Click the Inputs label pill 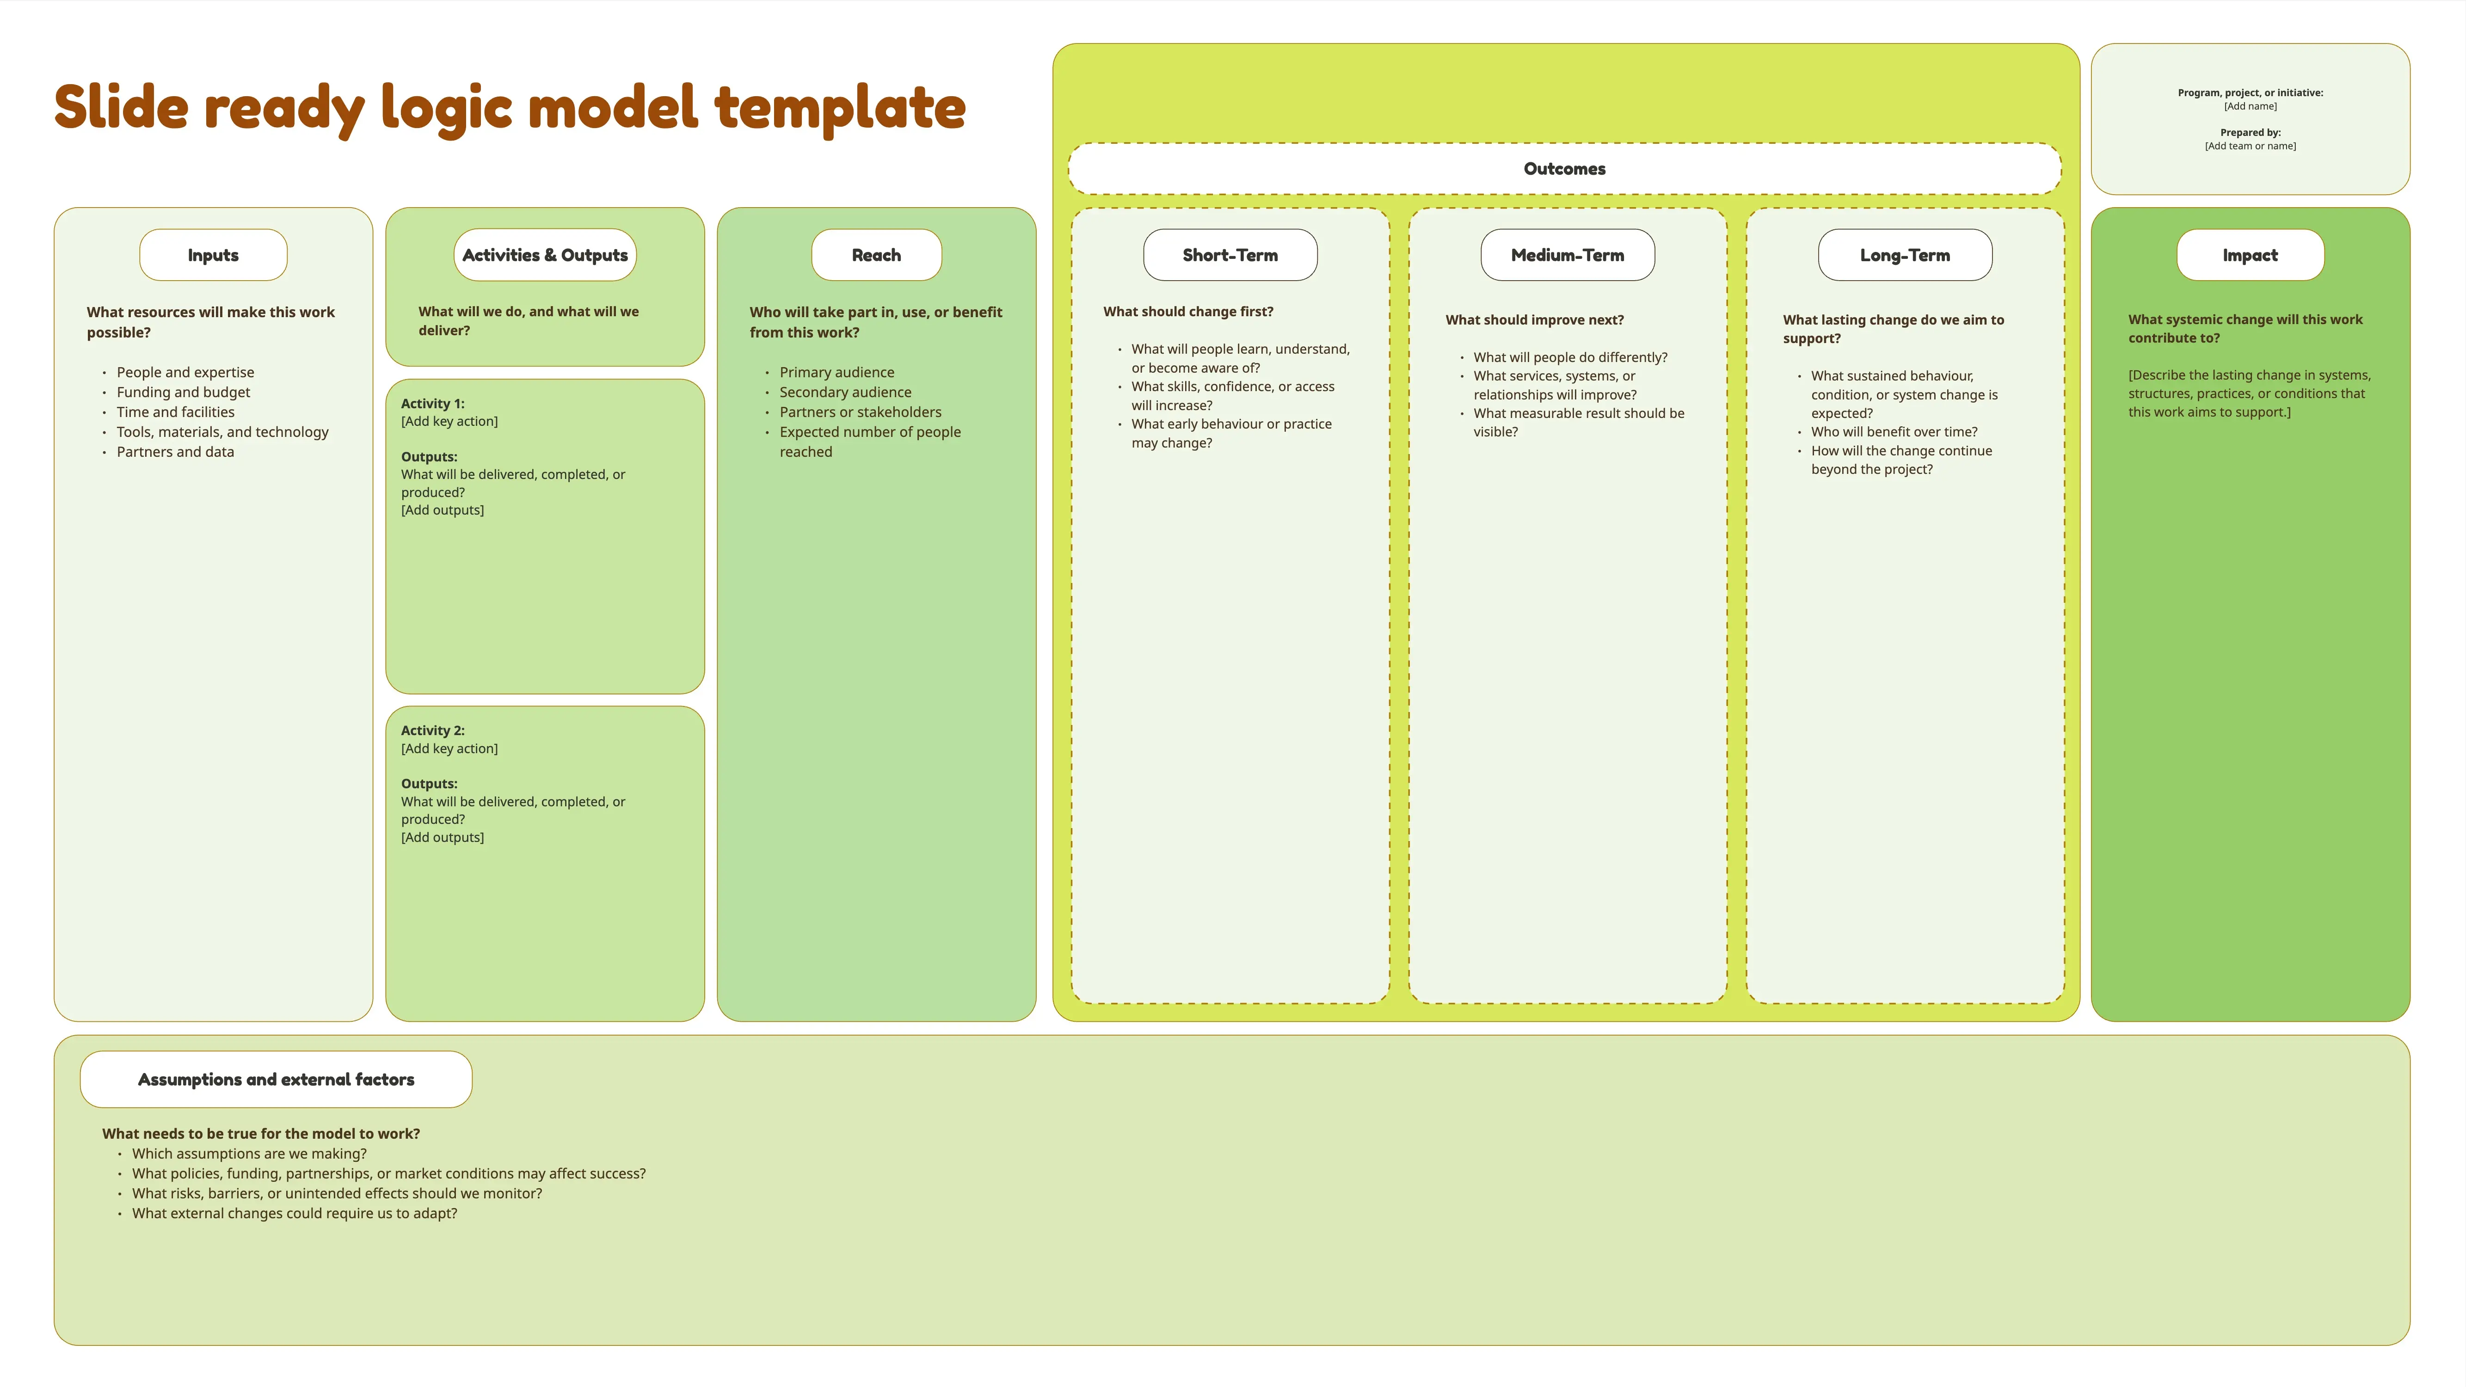(x=214, y=255)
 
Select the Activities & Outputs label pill (x=545, y=255)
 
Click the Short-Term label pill (x=1230, y=255)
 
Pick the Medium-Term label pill (x=1567, y=255)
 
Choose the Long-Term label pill (x=1905, y=255)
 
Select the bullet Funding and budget (x=183, y=393)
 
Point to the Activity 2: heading (x=433, y=730)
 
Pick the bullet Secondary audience (x=845, y=393)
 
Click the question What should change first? (x=1188, y=312)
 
